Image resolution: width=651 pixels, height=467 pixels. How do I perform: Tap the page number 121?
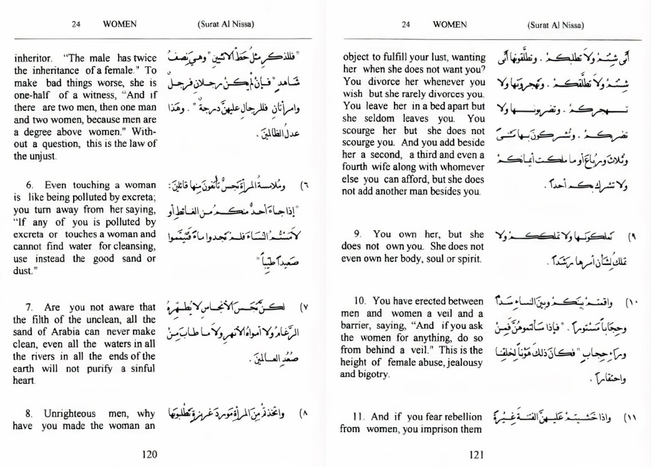coord(476,454)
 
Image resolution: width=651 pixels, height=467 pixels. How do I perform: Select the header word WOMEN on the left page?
coord(119,25)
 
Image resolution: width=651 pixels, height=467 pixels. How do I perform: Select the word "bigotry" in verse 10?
coord(373,375)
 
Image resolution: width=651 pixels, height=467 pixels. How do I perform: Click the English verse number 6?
coord(30,185)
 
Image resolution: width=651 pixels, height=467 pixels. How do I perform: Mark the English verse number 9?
coord(358,235)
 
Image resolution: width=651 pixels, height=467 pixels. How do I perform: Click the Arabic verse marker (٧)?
coord(304,307)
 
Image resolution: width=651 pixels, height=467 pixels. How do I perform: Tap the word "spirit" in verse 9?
coord(468,259)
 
